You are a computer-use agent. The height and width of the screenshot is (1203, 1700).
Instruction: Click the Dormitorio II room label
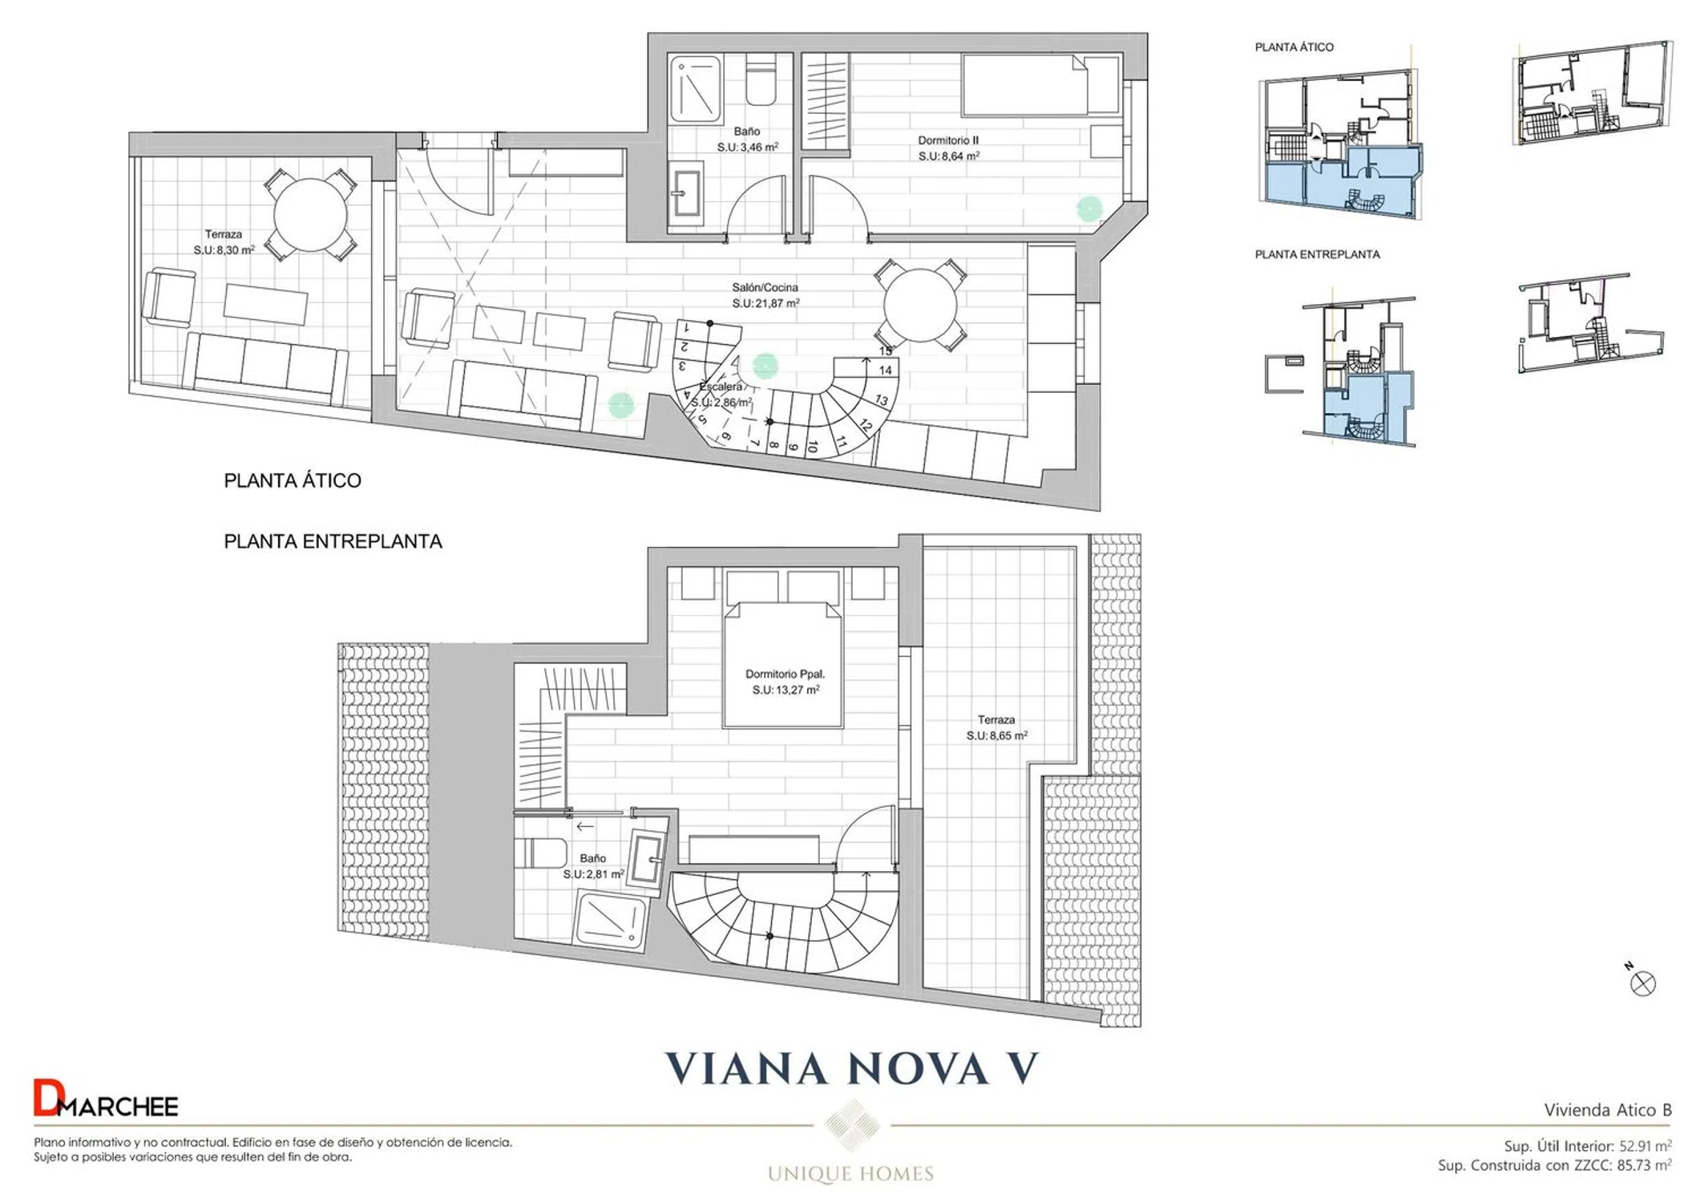(948, 140)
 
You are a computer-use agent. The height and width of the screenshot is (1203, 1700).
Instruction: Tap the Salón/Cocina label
(765, 287)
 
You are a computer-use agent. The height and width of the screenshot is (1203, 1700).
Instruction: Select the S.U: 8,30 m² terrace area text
(224, 250)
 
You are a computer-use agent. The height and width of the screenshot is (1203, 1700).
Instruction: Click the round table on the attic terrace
(310, 215)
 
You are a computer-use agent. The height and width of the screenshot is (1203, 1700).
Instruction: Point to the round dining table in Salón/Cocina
(920, 306)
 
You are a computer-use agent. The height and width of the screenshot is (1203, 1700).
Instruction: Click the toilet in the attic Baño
(761, 79)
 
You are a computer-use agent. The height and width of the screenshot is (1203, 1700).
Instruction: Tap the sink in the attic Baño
(686, 192)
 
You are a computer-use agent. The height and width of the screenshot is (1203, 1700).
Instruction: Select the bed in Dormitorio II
(1040, 85)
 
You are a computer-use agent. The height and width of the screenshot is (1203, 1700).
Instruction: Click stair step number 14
(885, 371)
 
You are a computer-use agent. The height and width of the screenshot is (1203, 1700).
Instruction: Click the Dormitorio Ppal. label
(785, 674)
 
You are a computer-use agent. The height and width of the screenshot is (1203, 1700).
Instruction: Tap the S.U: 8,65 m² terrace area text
(996, 735)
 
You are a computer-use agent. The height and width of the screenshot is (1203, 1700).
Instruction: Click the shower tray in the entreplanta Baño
(611, 923)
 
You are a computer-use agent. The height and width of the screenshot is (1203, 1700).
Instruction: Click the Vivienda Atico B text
(1608, 1110)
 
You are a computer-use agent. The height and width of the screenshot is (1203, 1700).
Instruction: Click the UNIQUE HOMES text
(850, 1174)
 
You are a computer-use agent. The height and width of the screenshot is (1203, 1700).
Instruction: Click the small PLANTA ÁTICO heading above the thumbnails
(1294, 47)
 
